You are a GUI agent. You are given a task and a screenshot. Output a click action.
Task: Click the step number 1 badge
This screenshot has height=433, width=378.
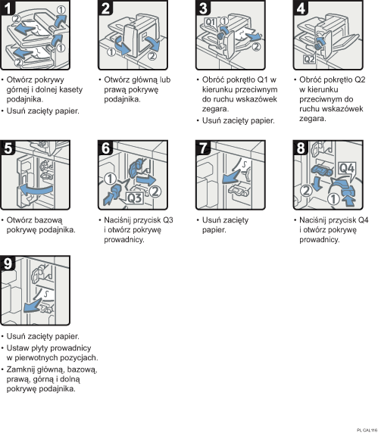[x=9, y=9]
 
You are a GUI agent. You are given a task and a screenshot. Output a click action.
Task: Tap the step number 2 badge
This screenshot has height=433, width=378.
[x=106, y=9]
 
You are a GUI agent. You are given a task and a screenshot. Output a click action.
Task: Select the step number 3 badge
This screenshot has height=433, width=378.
[x=202, y=9]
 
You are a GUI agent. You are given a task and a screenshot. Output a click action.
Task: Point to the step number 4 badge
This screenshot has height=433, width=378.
[x=300, y=9]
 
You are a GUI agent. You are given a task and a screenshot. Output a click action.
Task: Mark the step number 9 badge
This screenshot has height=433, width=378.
[x=9, y=263]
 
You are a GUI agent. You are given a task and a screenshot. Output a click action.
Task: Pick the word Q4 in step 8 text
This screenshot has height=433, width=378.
[x=361, y=220]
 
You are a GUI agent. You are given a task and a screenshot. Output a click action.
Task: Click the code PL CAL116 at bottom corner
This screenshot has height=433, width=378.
[x=363, y=428]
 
